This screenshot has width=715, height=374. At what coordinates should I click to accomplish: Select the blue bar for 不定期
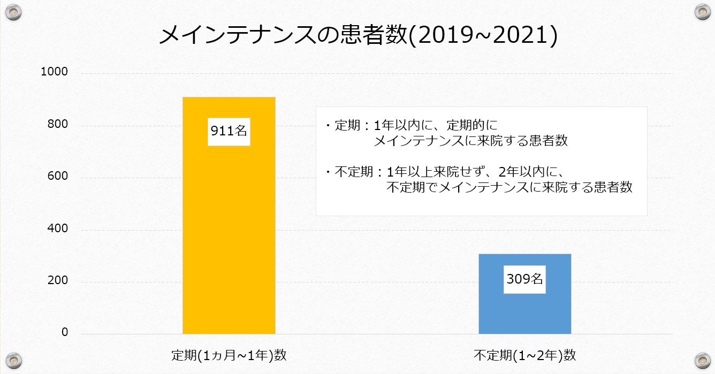(x=524, y=310)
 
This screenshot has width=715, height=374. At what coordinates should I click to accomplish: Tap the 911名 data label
(x=229, y=131)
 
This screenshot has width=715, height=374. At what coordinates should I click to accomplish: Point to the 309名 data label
(x=524, y=279)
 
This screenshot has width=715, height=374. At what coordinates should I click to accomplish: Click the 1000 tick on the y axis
(x=54, y=72)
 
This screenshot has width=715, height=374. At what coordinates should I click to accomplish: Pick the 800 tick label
(x=57, y=125)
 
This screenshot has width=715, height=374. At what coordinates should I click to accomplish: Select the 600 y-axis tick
(x=57, y=177)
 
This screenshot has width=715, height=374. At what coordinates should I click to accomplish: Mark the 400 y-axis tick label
(x=57, y=228)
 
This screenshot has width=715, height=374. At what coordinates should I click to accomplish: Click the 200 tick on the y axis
(x=57, y=280)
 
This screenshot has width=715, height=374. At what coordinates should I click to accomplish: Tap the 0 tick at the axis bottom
(x=65, y=332)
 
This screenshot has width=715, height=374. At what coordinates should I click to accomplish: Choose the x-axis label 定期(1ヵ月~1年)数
(x=229, y=355)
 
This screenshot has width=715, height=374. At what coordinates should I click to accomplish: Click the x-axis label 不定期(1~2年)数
(x=525, y=355)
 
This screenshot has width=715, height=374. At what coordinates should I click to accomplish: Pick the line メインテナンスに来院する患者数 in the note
(x=471, y=141)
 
